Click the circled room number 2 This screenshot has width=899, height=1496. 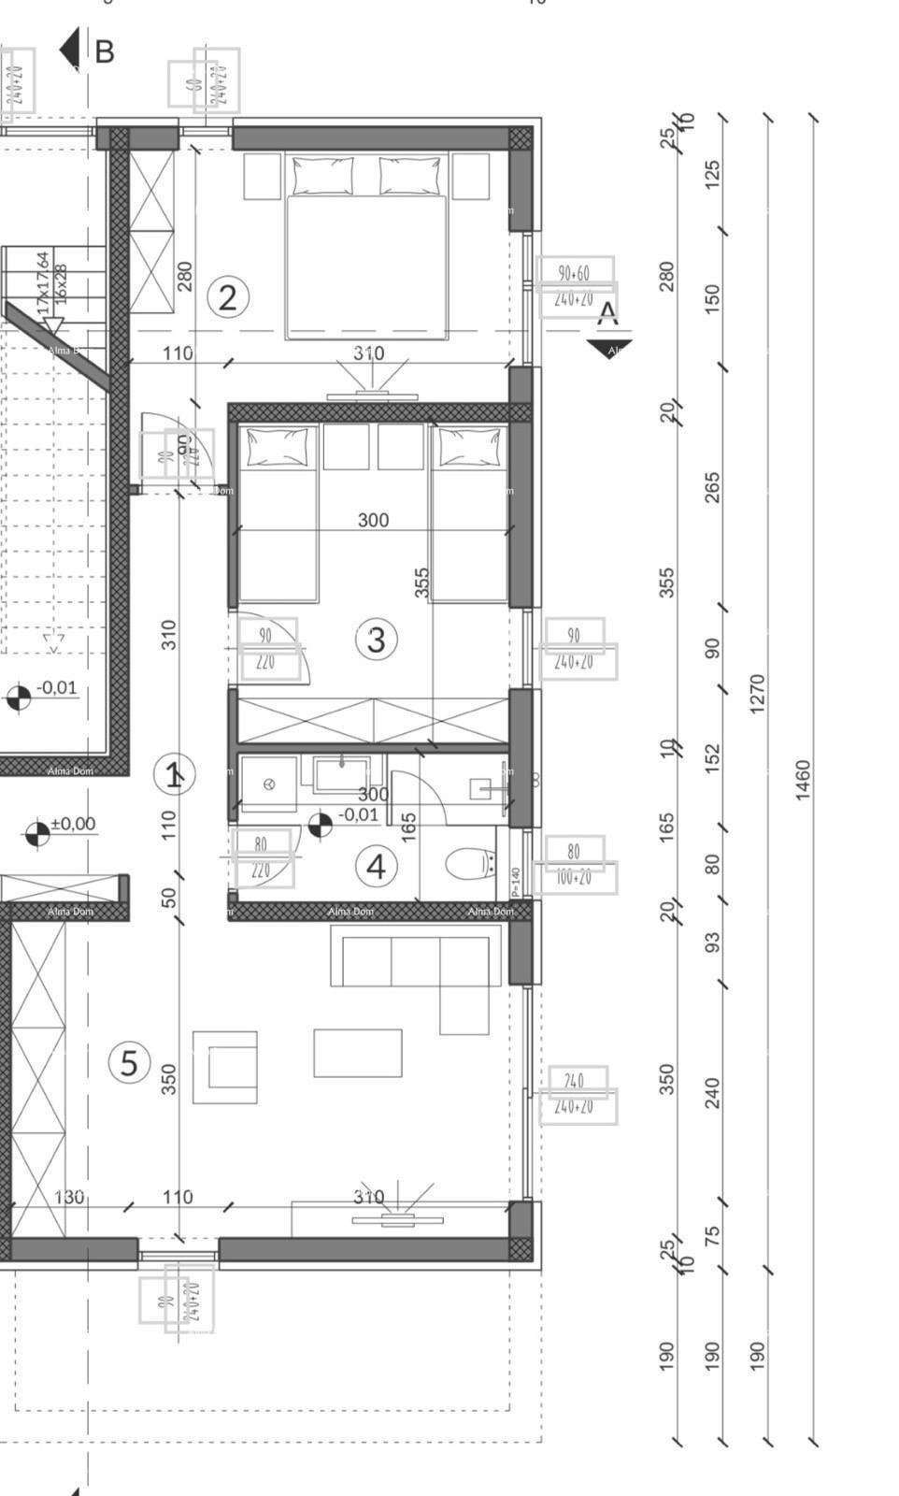pos(227,297)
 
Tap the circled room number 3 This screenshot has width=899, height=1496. pos(376,640)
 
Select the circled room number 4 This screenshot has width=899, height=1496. pos(376,867)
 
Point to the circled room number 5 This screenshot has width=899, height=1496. pos(129,1063)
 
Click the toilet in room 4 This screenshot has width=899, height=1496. pos(469,864)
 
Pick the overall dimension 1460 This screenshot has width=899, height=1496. pos(803,780)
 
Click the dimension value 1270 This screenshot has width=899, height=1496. pos(757,694)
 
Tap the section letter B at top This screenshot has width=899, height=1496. pos(104,52)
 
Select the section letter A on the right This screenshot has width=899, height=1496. pos(607,313)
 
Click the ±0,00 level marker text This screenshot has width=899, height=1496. pos(73,824)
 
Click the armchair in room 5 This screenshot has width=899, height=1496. pos(225,1067)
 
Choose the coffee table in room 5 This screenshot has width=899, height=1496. pos(358,1053)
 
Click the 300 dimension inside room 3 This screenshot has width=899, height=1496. pos(373,520)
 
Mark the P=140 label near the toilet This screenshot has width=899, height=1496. pos(515,881)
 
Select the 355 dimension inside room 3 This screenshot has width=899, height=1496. pos(421,582)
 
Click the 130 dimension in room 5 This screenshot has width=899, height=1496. pos(69,1197)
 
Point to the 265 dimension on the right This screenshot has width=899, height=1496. pos(712,487)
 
